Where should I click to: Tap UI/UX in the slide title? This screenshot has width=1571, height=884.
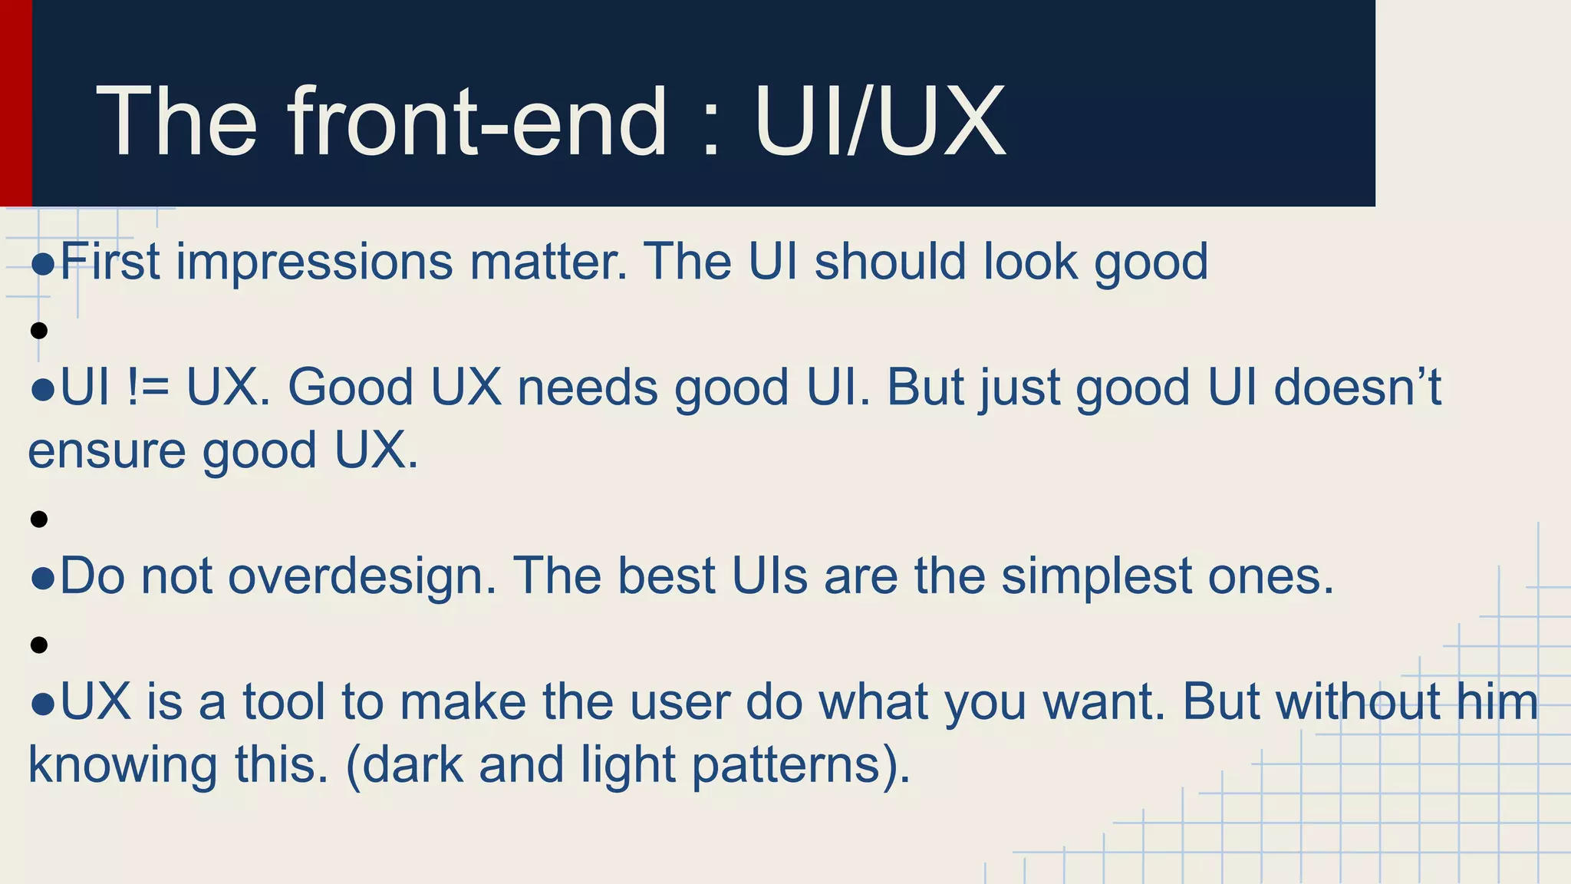coord(879,123)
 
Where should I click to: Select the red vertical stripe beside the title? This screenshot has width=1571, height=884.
coord(15,103)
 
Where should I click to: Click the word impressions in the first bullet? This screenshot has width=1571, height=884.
coord(315,262)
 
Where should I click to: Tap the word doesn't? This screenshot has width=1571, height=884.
coord(1358,387)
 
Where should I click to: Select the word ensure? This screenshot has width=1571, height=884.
coord(107,451)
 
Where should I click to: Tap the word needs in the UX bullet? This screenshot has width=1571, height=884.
coord(588,387)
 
